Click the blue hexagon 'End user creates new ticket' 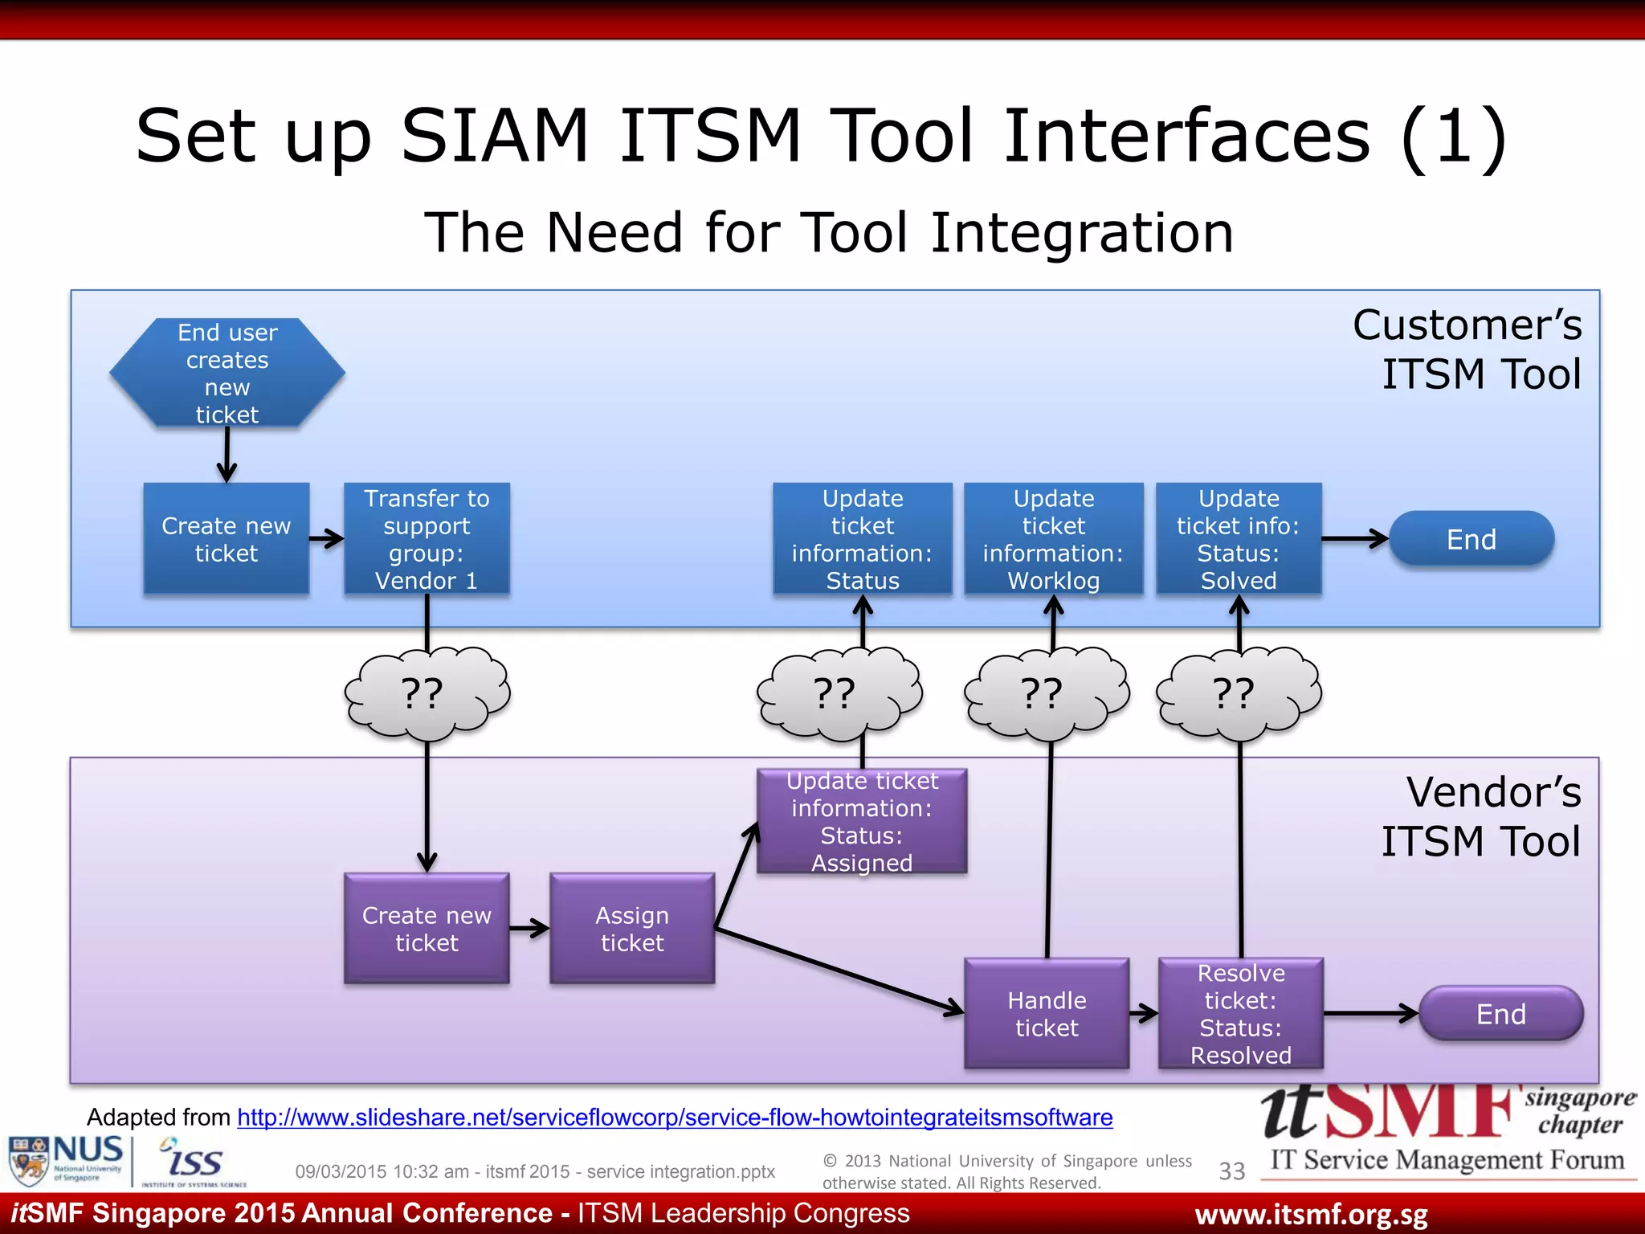point(227,373)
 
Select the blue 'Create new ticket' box point(227,539)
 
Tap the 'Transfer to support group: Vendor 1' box point(427,539)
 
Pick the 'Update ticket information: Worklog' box point(1053,539)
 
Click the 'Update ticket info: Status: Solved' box point(1239,539)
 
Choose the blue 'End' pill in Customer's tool point(1472,539)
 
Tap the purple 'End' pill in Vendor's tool point(1500,1014)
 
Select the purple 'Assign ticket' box point(632,929)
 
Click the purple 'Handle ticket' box point(1047,1014)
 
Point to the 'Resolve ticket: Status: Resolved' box point(1241,1014)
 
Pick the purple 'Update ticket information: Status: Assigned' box point(862,821)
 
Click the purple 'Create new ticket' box point(427,929)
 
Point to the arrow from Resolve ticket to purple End point(1370,1014)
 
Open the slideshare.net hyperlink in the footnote point(675,1118)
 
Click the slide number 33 point(1231,1171)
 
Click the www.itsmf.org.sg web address point(1311,1215)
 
